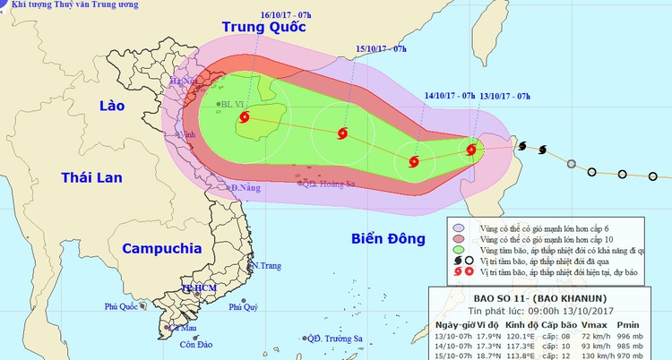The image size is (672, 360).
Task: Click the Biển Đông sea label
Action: (378, 238)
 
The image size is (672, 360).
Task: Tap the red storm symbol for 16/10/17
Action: (245, 116)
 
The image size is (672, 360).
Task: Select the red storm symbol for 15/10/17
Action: (342, 134)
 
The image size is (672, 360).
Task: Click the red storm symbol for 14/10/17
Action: (413, 162)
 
